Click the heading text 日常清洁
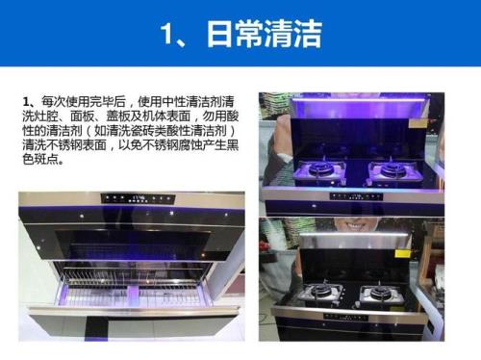pyautogui.click(x=264, y=34)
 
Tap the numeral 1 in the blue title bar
pyautogui.click(x=167, y=34)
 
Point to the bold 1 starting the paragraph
pyautogui.click(x=26, y=102)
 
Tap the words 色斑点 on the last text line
pyautogui.click(x=40, y=160)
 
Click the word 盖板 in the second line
pyautogui.click(x=118, y=116)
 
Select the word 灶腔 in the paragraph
pyautogui.click(x=46, y=116)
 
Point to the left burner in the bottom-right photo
pyautogui.click(x=320, y=293)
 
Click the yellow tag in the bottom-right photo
pyautogui.click(x=403, y=253)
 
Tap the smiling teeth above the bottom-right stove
pyautogui.click(x=357, y=225)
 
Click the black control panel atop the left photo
pyautogui.click(x=138, y=198)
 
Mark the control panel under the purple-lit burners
pyautogui.click(x=356, y=196)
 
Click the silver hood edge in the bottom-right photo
pyautogui.click(x=355, y=236)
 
